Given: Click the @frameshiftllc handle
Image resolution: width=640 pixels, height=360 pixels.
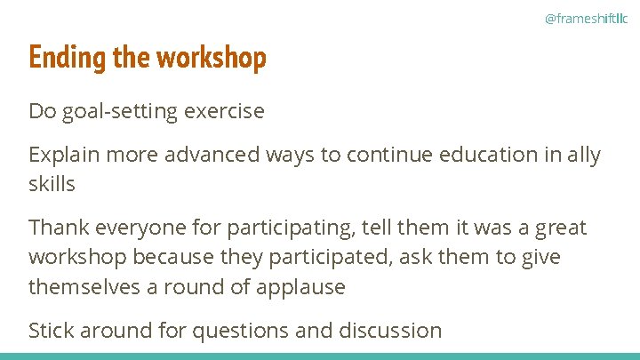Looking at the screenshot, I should coord(585,18).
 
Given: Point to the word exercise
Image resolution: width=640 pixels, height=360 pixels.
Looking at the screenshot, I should coord(224,111).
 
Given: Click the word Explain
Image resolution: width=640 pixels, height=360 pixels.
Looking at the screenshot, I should coord(62,155).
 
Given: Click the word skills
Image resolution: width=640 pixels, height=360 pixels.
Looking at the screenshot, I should coord(52,184).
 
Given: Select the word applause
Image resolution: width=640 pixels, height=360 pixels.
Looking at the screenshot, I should coord(300,287).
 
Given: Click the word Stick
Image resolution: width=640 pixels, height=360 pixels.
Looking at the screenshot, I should coord(51,331).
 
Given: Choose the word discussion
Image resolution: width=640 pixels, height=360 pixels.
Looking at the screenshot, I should coord(390,331).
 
